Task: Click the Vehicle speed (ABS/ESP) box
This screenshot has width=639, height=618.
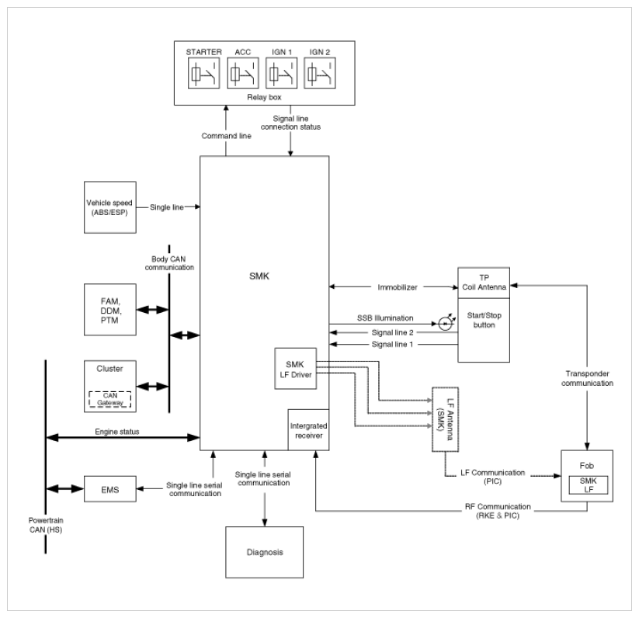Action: click(x=108, y=207)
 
